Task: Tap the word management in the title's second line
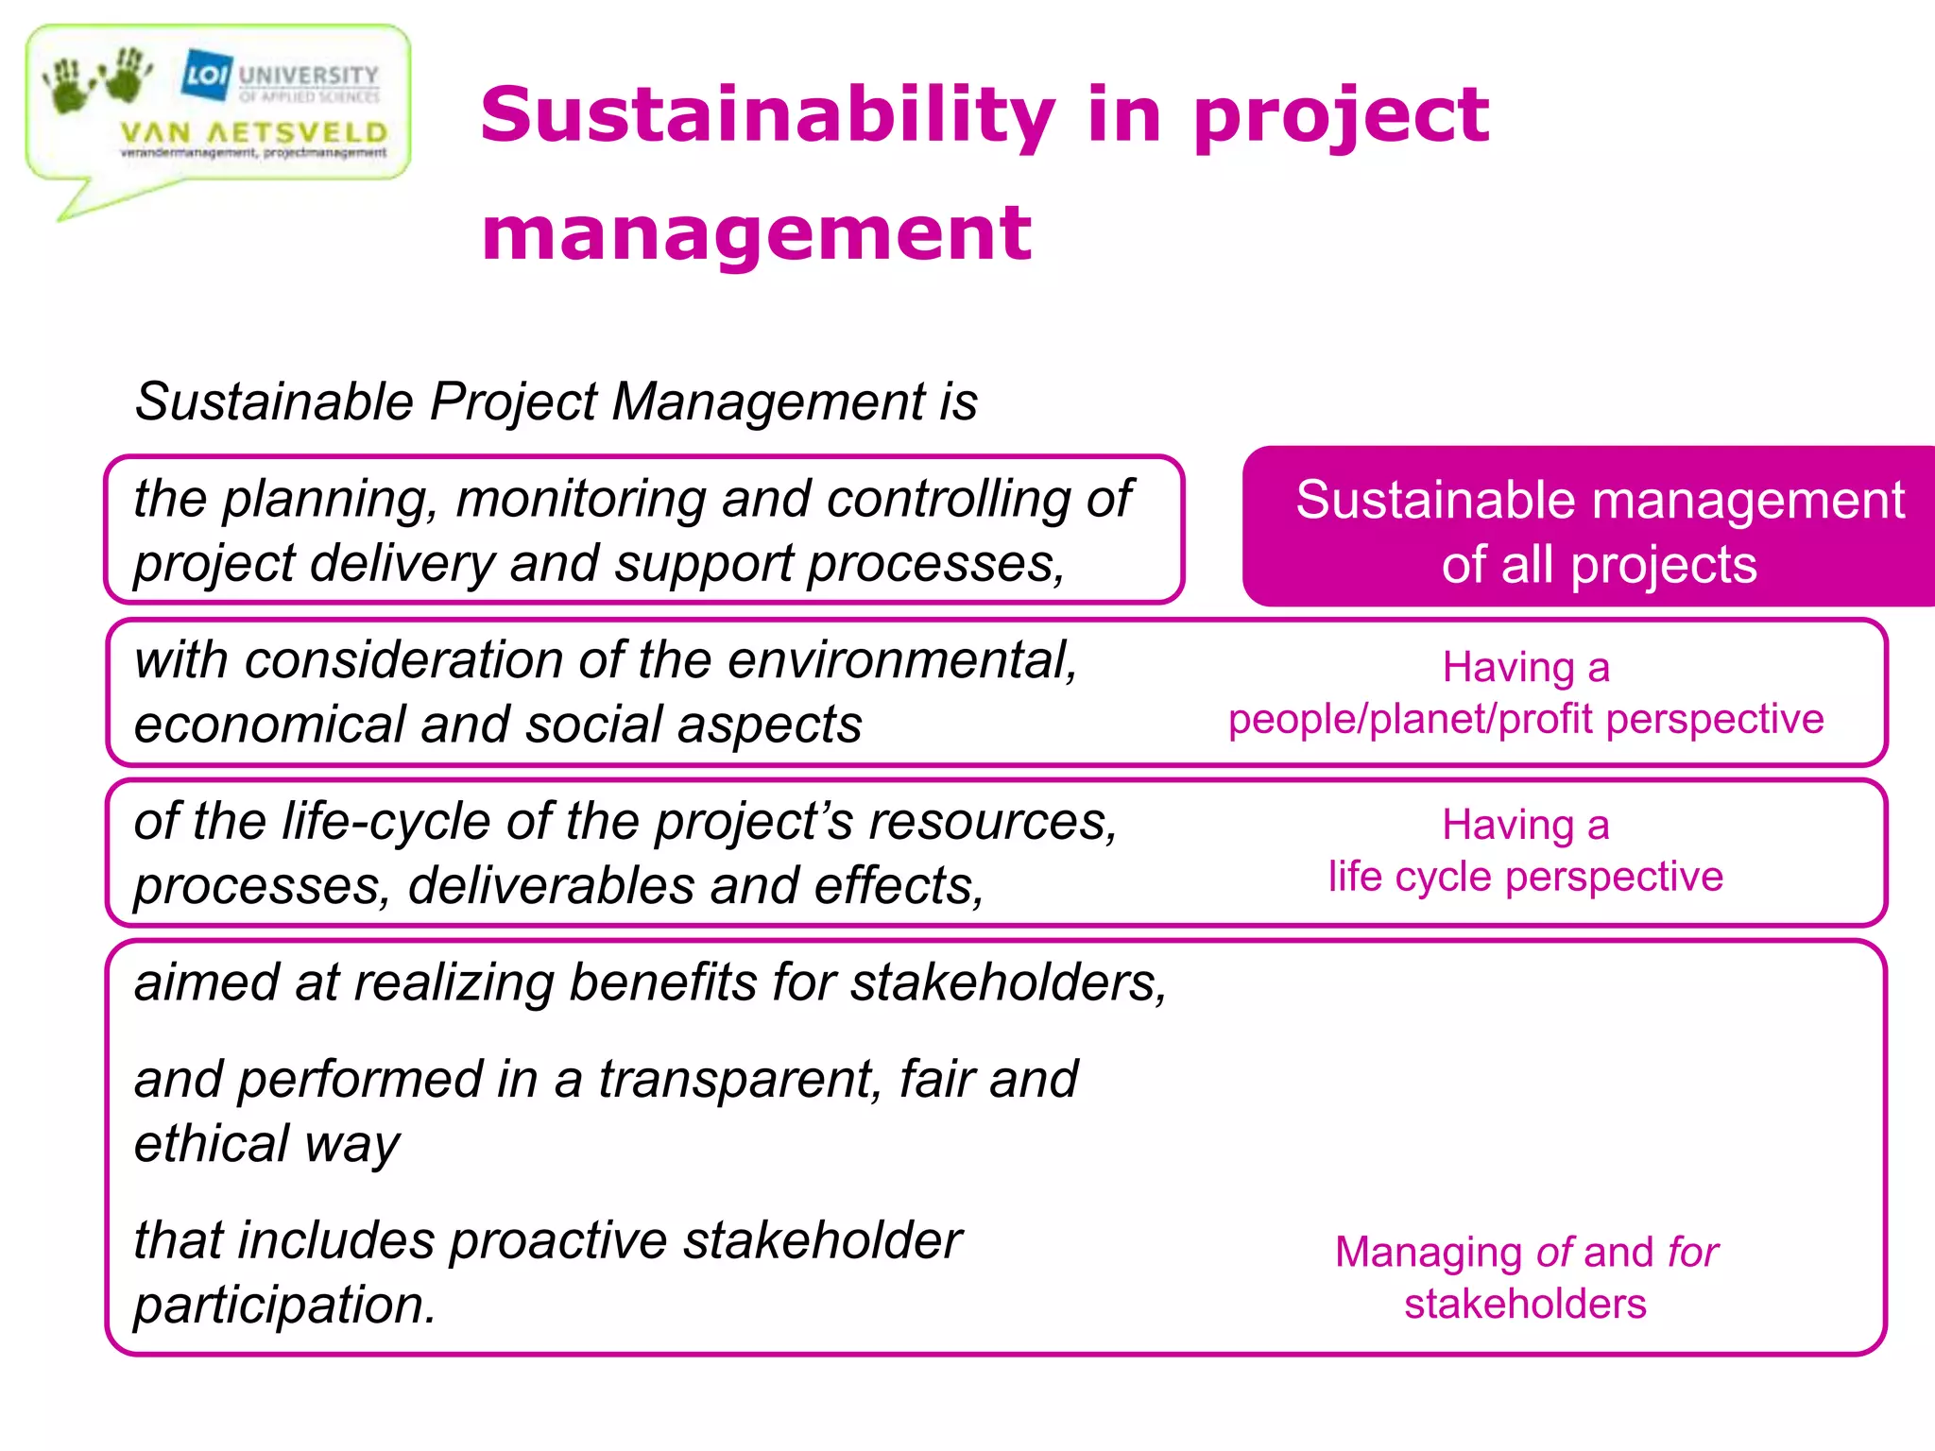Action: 756,233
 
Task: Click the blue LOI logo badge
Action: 206,74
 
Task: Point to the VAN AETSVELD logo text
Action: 254,132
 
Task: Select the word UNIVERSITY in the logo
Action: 308,75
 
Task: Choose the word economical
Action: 269,725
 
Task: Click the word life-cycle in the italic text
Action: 386,820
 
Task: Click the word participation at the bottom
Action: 284,1306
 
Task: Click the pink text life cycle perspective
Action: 1525,877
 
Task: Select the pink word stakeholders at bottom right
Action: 1525,1305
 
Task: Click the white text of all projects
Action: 1599,565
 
